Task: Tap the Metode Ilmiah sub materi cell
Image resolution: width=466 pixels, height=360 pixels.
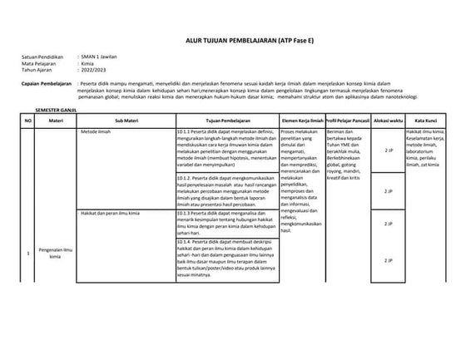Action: pyautogui.click(x=100, y=131)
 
